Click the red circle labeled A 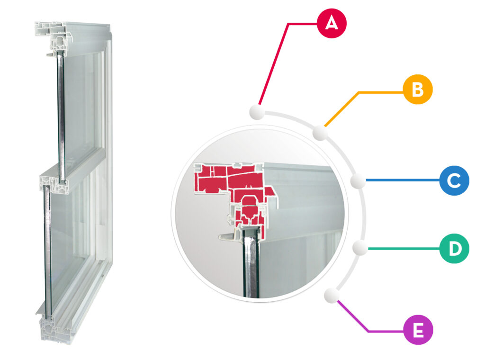(332, 24)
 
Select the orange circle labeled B (418, 90)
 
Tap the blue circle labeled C (454, 180)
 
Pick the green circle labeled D (454, 249)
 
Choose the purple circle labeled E (418, 330)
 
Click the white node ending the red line (257, 112)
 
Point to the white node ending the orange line (320, 133)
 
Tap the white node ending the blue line (358, 180)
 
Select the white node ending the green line (360, 247)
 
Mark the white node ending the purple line (332, 296)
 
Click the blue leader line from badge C (403, 180)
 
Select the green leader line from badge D (404, 248)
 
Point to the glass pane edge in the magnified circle (251, 263)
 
